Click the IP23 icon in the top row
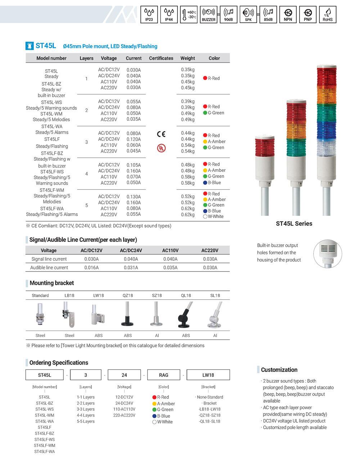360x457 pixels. (149, 15)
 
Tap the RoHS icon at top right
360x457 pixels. (327, 15)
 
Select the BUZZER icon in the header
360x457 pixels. (208, 15)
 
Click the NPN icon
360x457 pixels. (288, 15)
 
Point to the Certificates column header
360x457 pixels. (161, 58)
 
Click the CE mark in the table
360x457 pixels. (161, 134)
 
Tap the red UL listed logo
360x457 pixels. (162, 148)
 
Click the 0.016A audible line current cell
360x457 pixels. (91, 268)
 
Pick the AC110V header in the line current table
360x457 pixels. (170, 250)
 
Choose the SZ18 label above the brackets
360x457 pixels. (157, 295)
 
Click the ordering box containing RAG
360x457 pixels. (163, 375)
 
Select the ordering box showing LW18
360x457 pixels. (208, 375)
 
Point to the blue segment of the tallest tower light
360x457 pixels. (326, 131)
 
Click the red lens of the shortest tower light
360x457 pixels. (265, 148)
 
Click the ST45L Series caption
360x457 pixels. (294, 223)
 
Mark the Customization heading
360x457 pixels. (279, 370)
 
